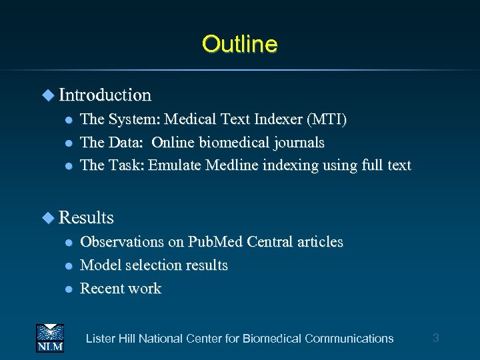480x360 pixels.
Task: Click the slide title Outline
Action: tap(240, 44)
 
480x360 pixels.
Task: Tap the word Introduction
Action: tap(105, 95)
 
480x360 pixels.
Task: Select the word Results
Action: tap(86, 218)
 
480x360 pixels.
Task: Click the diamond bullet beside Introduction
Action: tap(48, 95)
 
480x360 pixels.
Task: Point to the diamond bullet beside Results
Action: tap(48, 217)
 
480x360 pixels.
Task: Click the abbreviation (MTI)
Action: tap(326, 120)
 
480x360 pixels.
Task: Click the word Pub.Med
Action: tap(215, 242)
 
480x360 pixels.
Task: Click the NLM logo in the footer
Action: tap(50, 337)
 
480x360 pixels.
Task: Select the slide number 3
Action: tap(436, 338)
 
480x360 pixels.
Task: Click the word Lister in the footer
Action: tap(101, 339)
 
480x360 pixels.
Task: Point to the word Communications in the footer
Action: tap(349, 339)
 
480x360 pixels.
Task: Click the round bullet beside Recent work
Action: tap(68, 289)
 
